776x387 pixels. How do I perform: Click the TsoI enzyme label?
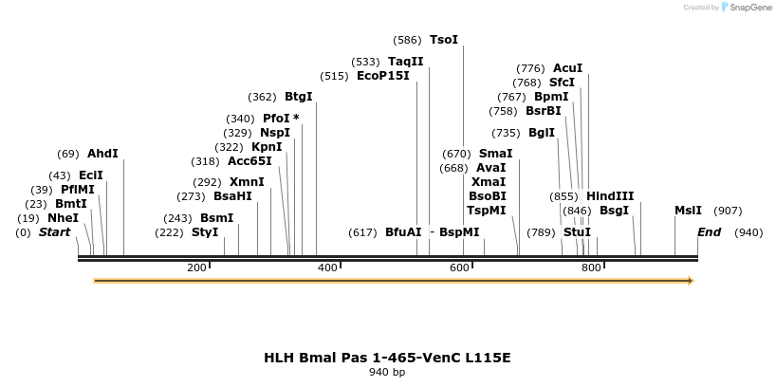pyautogui.click(x=443, y=40)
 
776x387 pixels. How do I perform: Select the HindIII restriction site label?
pyautogui.click(x=610, y=196)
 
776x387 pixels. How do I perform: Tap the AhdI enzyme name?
pyautogui.click(x=102, y=154)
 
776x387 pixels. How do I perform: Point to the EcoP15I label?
pyautogui.click(x=383, y=76)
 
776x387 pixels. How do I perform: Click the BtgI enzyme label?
pyautogui.click(x=298, y=97)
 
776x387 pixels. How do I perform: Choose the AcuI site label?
pyautogui.click(x=567, y=68)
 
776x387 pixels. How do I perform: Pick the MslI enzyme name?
pyautogui.click(x=688, y=211)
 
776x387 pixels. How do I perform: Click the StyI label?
pyautogui.click(x=205, y=232)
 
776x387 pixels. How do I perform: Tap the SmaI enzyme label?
pyautogui.click(x=495, y=154)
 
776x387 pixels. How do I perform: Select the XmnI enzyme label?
pyautogui.click(x=247, y=182)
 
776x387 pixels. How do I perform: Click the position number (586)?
pyautogui.click(x=407, y=40)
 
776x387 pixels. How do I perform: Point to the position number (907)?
pyautogui.click(x=728, y=211)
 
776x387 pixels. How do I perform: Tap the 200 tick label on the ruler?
pyautogui.click(x=196, y=268)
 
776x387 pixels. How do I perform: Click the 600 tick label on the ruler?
pyautogui.click(x=459, y=268)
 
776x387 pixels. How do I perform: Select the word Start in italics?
pyautogui.click(x=54, y=232)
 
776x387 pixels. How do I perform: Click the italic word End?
pyautogui.click(x=709, y=232)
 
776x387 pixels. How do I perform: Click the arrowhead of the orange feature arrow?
pyautogui.click(x=690, y=281)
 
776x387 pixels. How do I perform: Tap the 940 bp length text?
pyautogui.click(x=387, y=373)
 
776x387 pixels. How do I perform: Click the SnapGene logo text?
pyautogui.click(x=749, y=8)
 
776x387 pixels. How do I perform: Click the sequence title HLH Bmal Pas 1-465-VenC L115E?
pyautogui.click(x=387, y=358)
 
